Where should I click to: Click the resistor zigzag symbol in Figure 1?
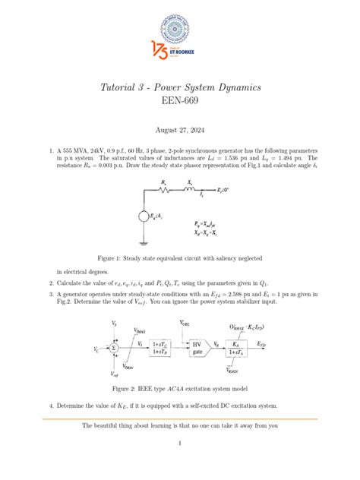click(x=165, y=189)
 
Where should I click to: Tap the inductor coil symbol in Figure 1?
click(x=196, y=189)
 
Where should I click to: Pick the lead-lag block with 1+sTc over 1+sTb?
click(x=162, y=349)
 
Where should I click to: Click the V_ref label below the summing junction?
click(x=114, y=374)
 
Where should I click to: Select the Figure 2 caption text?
click(x=180, y=390)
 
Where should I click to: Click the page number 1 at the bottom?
click(x=180, y=442)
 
